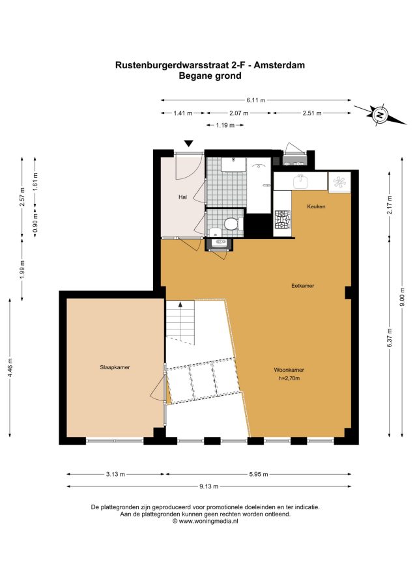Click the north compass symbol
tap(380, 115)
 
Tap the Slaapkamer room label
tap(115, 367)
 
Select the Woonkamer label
tap(289, 370)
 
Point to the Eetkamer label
tap(303, 286)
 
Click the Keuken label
tap(316, 206)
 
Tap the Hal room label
tap(183, 197)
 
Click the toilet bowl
tap(231, 224)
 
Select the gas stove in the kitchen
tap(283, 220)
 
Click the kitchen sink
tap(300, 182)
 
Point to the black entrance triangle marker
tap(189, 143)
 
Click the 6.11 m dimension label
tap(256, 100)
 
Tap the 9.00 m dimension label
tap(402, 298)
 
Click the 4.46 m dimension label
tap(10, 368)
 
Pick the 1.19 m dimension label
tap(225, 125)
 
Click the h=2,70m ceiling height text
tap(289, 378)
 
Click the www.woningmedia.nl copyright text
tap(205, 521)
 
